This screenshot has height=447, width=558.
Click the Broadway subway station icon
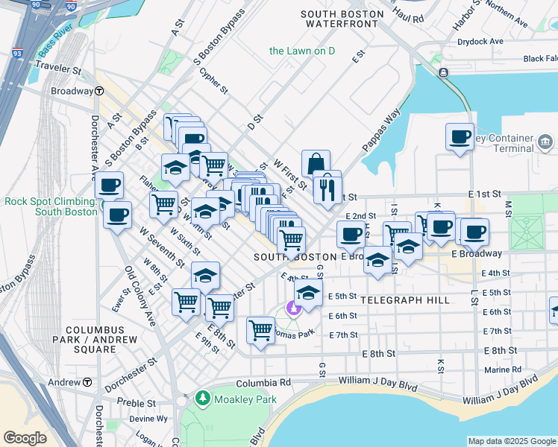coord(99,92)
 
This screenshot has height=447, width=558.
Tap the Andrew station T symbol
coord(87,382)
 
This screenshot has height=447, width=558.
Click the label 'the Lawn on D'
coord(302,51)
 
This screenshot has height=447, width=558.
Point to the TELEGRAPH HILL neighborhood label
coord(404,300)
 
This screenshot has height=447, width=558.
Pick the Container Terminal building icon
coord(545,141)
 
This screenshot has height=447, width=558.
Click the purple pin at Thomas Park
coord(293,307)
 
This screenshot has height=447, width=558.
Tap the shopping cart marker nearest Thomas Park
coord(260,329)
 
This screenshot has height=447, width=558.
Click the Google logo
coord(25,438)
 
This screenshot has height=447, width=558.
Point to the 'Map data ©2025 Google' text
coord(511,441)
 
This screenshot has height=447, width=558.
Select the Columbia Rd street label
coord(263,383)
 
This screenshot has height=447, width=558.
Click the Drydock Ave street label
coord(480,42)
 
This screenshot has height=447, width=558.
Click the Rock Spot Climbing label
coord(51,206)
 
